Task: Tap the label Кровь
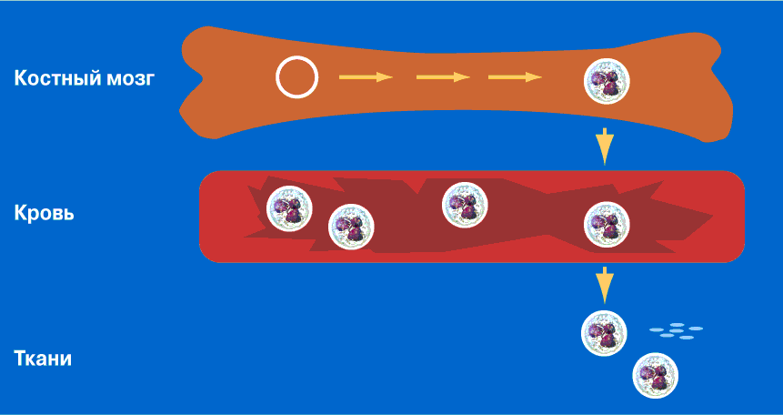point(44,213)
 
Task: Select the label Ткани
point(43,359)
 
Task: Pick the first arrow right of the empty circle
point(366,77)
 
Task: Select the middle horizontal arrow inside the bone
point(444,77)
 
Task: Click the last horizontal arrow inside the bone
point(515,77)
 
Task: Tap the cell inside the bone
point(607,82)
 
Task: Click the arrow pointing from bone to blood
point(605,146)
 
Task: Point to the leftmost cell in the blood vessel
point(289,208)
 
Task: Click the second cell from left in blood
point(351,227)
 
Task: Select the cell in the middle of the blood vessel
point(465,205)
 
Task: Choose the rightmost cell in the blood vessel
point(607,225)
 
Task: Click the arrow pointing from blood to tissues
point(605,285)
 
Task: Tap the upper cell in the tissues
point(604,333)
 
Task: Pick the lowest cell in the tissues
point(656,376)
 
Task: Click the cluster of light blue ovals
point(676,331)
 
